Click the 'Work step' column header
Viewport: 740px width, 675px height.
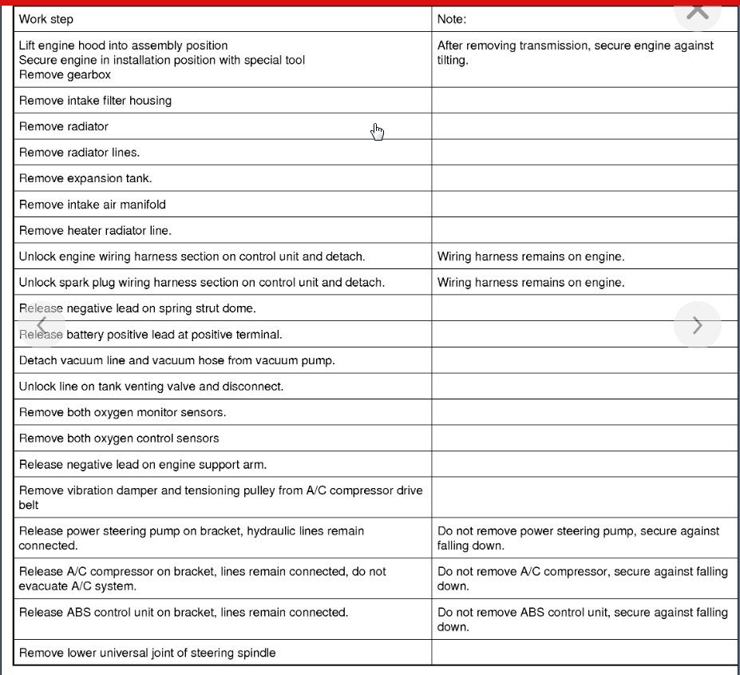tap(46, 19)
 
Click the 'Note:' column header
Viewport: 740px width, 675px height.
tap(452, 19)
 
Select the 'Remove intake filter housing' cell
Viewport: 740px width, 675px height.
tap(95, 101)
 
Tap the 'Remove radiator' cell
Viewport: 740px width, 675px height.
tap(64, 126)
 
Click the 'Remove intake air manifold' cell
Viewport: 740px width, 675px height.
tap(93, 204)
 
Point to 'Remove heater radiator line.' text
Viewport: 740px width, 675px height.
tap(95, 230)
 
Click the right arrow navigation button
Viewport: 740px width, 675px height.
tap(697, 325)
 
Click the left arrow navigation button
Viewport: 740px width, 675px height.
tap(42, 325)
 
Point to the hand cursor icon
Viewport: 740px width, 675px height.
tap(378, 132)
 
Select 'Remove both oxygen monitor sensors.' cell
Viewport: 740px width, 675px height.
tap(122, 412)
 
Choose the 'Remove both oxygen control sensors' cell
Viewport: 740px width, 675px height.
tap(119, 438)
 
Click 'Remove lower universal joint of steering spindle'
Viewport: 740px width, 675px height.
tap(148, 653)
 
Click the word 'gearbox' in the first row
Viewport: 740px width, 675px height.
tap(89, 75)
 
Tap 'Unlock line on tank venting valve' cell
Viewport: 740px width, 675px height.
tap(151, 387)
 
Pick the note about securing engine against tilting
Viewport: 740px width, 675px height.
tap(576, 53)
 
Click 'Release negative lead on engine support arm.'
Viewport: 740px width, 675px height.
tap(143, 464)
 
